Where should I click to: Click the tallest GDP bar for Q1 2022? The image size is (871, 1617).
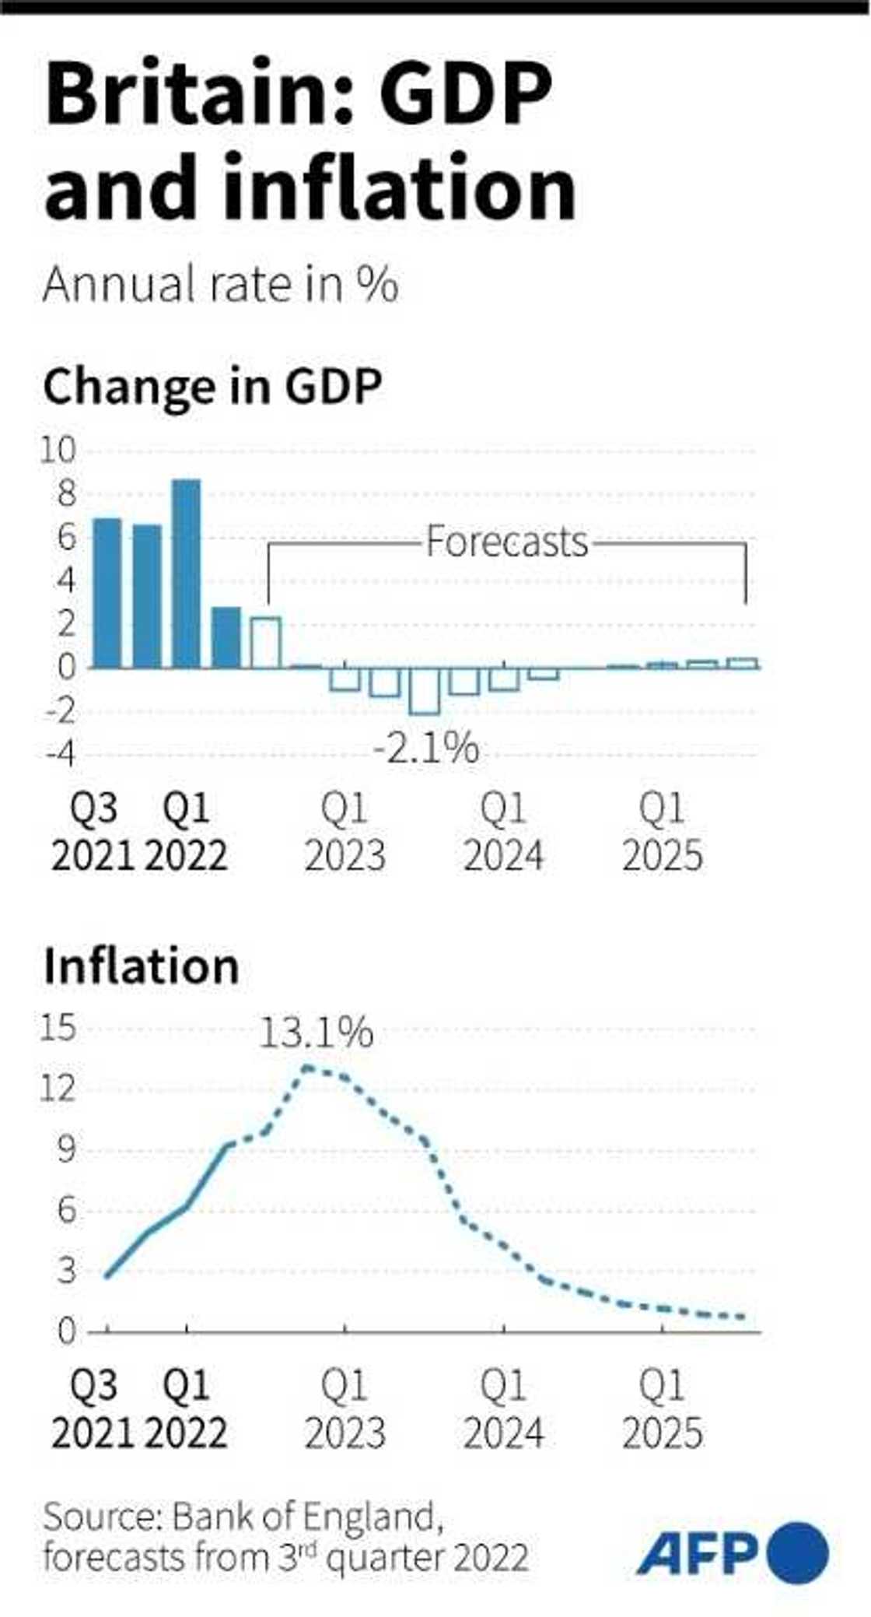point(187,573)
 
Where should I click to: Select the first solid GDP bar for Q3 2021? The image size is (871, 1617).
point(108,593)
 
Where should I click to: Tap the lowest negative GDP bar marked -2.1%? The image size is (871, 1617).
point(425,691)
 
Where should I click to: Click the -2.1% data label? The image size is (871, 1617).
point(426,749)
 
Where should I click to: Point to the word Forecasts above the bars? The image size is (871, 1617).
point(506,542)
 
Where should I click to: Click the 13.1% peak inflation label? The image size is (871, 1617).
point(316,1033)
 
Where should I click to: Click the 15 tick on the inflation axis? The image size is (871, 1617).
point(58,1028)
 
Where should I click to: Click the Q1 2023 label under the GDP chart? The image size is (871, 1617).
point(345,833)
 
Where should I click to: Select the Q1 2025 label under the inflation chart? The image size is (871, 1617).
point(663,1409)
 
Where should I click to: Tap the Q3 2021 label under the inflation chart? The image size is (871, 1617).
point(93,1409)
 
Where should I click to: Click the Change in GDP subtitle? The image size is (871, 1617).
point(212,387)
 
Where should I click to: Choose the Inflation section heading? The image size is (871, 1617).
point(142,966)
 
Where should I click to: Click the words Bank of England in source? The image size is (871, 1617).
point(304,1517)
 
